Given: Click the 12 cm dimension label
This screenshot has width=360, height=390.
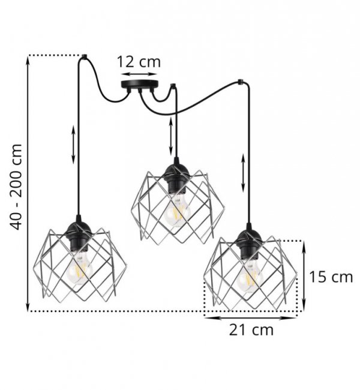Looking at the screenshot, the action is click(x=139, y=62).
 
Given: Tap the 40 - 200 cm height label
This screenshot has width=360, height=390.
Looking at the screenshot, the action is click(x=16, y=187).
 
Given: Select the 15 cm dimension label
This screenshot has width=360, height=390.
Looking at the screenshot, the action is click(x=331, y=277).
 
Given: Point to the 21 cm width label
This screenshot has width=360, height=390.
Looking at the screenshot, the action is click(x=251, y=331).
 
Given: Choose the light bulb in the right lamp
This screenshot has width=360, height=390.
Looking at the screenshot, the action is click(x=250, y=277).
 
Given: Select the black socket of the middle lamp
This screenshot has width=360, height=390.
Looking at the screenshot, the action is click(x=176, y=177).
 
